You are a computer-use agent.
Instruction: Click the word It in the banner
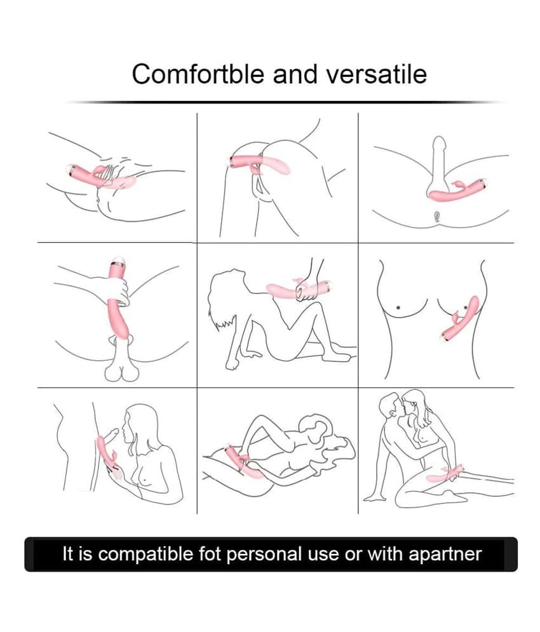pos(69,553)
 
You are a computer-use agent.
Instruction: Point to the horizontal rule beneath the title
pos(286,102)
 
